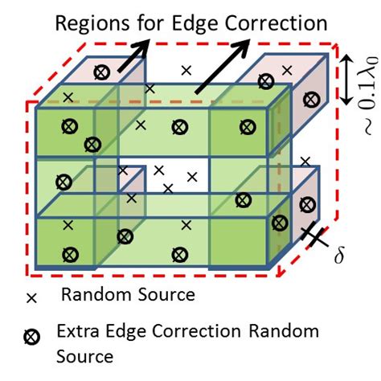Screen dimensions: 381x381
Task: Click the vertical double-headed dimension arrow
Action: (x=346, y=80)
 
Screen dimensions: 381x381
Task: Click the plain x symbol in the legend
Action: (x=33, y=297)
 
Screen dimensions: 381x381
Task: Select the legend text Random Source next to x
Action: (x=128, y=295)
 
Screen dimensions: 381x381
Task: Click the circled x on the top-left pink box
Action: (x=101, y=72)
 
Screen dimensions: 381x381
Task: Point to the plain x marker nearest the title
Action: (x=186, y=71)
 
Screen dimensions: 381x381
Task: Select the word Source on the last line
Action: (x=83, y=353)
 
